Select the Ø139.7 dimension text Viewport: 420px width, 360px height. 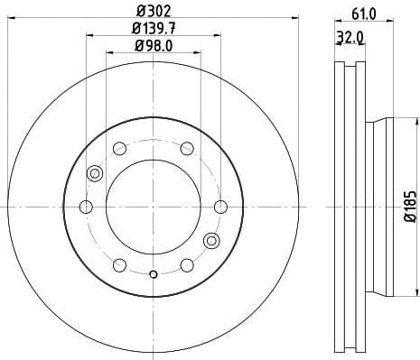[x=154, y=29]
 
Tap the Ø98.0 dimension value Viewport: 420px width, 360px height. [x=154, y=45]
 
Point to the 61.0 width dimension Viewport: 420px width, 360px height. [x=362, y=14]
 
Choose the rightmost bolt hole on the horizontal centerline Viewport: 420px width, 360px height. [x=221, y=207]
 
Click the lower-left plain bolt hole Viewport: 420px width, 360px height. [x=119, y=265]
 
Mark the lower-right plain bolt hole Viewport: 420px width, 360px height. [x=187, y=265]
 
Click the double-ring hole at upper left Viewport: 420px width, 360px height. [x=95, y=173]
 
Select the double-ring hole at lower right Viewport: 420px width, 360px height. [x=211, y=240]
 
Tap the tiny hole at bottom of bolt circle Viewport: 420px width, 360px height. [x=154, y=274]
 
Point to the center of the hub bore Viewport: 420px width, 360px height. [x=153, y=207]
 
